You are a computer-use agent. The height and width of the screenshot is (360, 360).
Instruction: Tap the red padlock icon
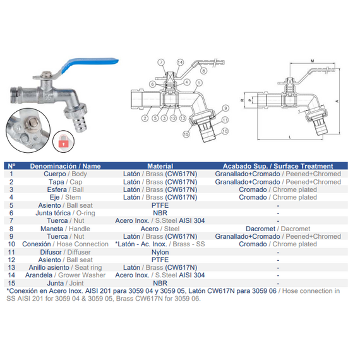click(64, 141)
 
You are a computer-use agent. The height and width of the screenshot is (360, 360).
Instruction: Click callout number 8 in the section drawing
click(203, 71)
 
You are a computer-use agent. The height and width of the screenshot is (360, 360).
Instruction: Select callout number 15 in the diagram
click(186, 135)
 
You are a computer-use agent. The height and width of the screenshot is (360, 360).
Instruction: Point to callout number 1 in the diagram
click(199, 83)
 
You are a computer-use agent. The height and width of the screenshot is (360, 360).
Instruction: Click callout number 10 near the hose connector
click(225, 131)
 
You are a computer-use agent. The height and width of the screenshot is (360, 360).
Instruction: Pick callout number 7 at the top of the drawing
click(161, 63)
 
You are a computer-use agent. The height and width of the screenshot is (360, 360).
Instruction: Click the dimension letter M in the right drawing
click(312, 61)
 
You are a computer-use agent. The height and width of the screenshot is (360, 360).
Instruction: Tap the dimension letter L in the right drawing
click(290, 137)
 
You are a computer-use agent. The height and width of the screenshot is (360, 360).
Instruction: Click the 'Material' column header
click(160, 166)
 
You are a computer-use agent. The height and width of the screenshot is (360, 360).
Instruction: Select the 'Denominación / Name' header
click(66, 166)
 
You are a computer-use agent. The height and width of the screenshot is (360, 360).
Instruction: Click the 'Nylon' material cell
click(160, 252)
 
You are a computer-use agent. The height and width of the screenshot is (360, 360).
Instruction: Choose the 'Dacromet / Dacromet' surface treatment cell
click(278, 229)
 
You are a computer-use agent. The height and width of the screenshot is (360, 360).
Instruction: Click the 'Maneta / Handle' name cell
click(66, 229)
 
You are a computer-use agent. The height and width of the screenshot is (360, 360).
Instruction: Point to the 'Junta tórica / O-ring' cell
click(66, 213)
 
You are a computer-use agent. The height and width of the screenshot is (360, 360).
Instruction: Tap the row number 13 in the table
click(11, 268)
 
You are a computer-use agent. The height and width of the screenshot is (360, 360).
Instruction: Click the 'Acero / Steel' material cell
click(160, 229)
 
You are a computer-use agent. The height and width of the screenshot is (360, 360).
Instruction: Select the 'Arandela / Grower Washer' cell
click(66, 275)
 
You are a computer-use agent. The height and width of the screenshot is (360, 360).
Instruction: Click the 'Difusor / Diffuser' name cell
click(66, 252)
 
